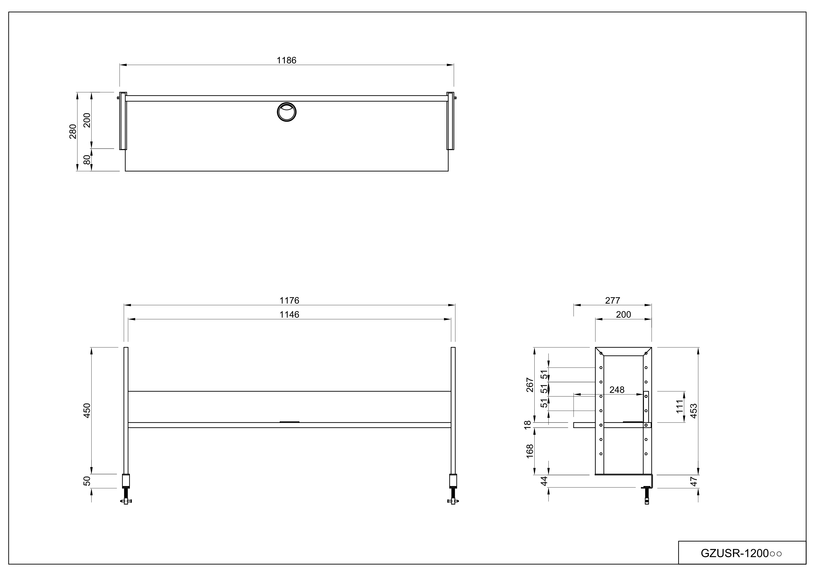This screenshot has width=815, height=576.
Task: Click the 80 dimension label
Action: click(x=87, y=160)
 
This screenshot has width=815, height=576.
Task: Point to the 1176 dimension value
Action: click(x=289, y=301)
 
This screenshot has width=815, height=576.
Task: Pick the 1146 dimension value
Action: click(x=289, y=315)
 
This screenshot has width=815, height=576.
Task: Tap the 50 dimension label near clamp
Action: click(x=87, y=481)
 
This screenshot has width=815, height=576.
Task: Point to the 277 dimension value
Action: click(x=612, y=301)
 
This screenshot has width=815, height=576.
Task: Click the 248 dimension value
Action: click(x=617, y=390)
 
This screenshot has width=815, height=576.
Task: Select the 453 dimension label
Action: click(x=693, y=411)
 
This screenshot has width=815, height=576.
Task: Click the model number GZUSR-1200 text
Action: click(x=741, y=553)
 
